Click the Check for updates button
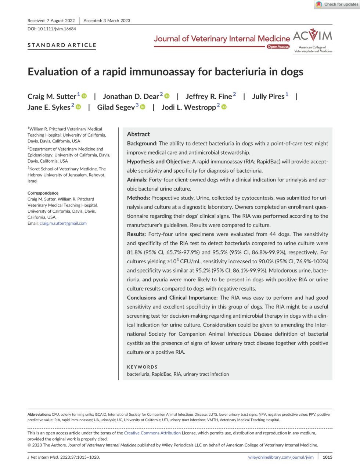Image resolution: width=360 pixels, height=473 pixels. pos(336,4)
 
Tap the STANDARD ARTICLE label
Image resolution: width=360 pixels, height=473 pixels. pos(62,45)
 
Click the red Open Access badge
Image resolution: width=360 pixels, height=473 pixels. pos(278,47)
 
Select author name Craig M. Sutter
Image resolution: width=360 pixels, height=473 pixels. pos(52,97)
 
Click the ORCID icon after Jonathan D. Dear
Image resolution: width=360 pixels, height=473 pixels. pos(167,96)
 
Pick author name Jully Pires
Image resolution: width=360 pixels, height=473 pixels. pos(268,97)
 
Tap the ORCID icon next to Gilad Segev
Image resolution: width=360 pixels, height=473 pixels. pos(143,107)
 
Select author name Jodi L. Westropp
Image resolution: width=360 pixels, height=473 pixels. pos(188,107)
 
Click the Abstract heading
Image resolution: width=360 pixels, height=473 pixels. pos(138,134)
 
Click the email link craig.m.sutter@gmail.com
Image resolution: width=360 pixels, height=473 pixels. pos(63,223)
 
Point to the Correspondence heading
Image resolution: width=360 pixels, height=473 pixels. pos(43,193)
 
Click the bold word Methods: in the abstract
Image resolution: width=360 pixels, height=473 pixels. pos(138,198)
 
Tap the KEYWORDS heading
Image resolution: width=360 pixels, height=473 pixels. pos(142,367)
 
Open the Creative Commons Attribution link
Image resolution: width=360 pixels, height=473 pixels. pos(152,433)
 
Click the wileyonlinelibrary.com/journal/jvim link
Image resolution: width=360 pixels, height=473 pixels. pos(281,457)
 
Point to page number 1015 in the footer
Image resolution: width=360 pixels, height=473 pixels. pos(327,457)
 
